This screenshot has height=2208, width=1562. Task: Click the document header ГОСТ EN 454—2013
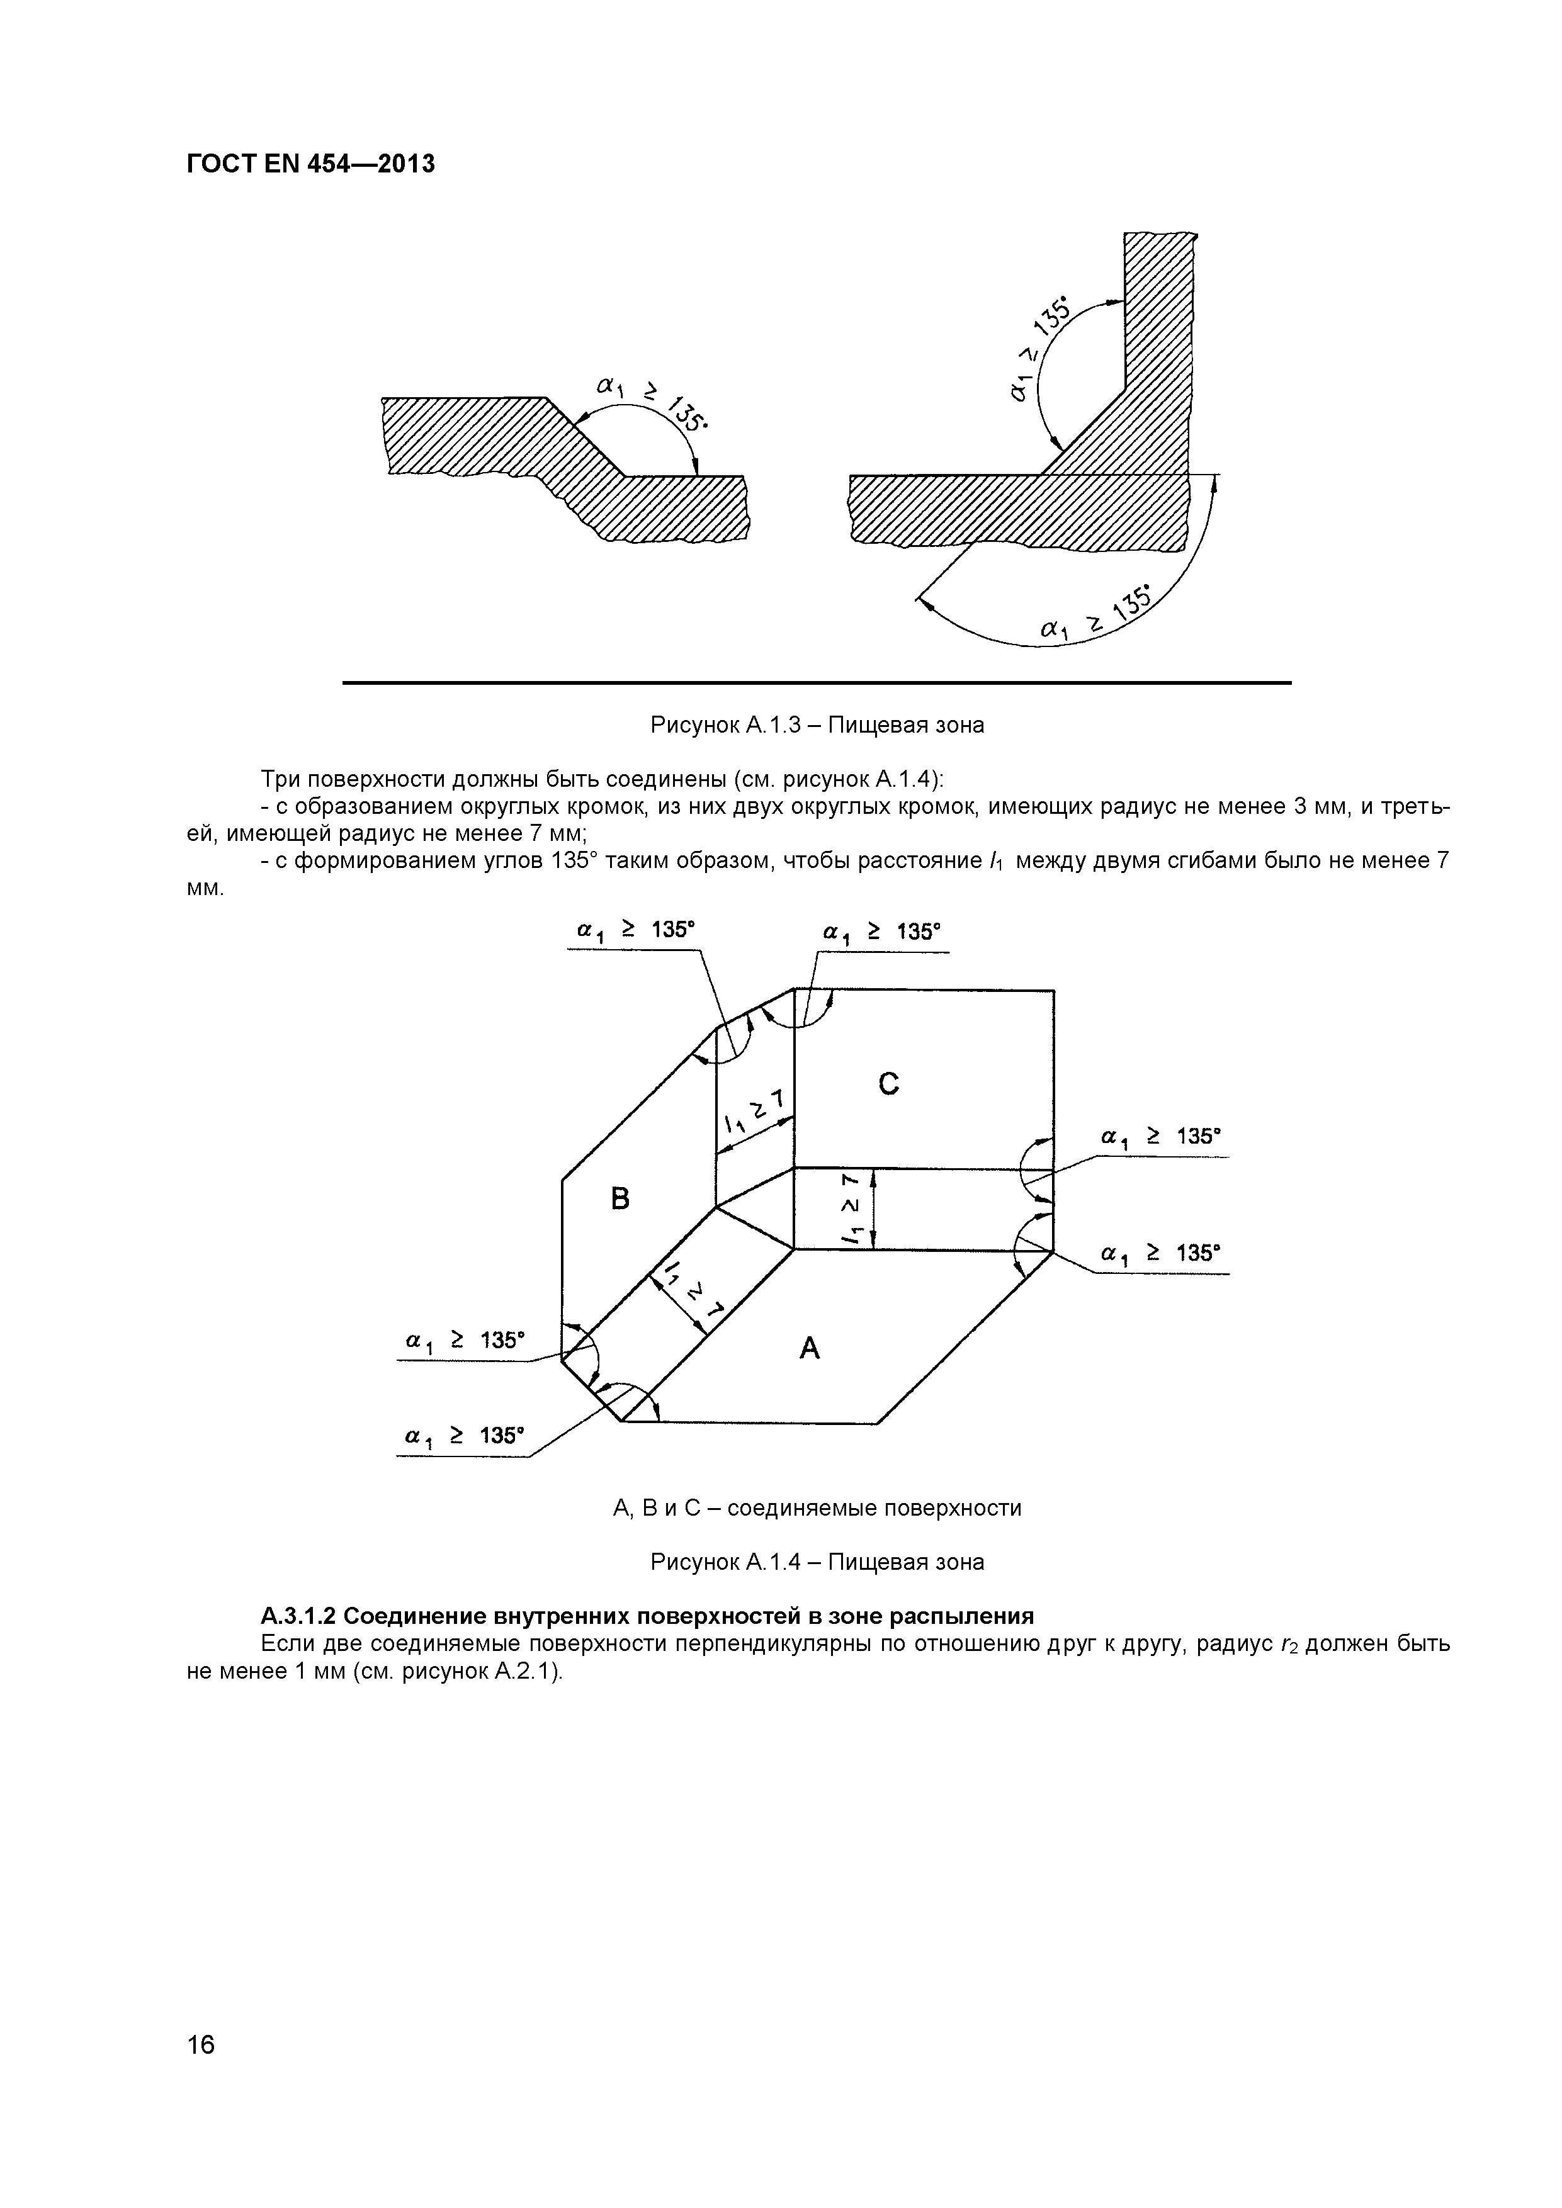[x=310, y=164]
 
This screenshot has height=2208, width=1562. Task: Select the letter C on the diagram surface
[x=889, y=1084]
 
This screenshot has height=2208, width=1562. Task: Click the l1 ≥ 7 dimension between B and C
[x=756, y=1113]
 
